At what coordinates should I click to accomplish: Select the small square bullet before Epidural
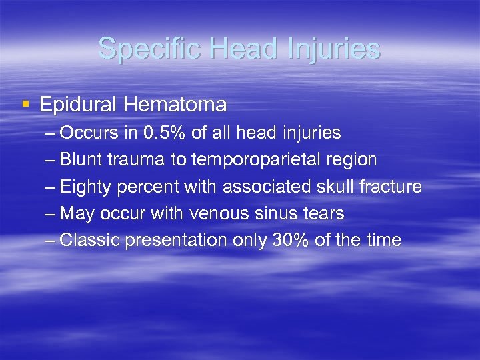[26, 104]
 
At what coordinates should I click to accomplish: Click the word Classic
[87, 240]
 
